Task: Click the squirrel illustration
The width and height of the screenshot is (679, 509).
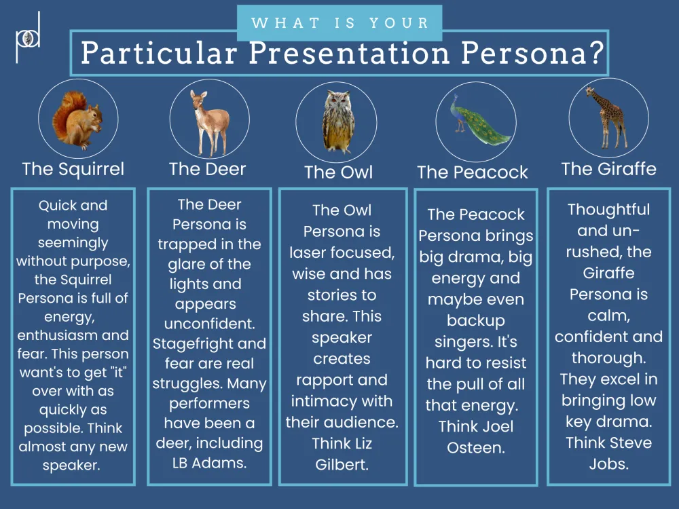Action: [x=77, y=120]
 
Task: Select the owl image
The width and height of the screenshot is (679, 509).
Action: [x=337, y=121]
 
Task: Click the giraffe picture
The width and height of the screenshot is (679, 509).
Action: [x=608, y=117]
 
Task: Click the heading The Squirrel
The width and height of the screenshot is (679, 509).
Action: [x=73, y=169]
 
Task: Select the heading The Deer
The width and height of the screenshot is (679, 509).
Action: [x=207, y=169]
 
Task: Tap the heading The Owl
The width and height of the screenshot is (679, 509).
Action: [x=338, y=172]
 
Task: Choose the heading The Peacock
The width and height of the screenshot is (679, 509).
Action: [x=473, y=172]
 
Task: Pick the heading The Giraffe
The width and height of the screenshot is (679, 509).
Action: [x=609, y=169]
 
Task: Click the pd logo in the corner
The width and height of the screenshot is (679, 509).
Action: [x=28, y=37]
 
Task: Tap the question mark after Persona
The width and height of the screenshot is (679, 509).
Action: [x=596, y=53]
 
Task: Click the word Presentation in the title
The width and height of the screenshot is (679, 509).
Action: [x=349, y=53]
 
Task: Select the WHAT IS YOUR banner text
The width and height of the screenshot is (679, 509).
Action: [x=340, y=22]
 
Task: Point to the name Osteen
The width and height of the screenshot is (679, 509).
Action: [x=476, y=447]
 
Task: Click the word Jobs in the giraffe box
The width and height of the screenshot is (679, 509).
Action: [x=608, y=464]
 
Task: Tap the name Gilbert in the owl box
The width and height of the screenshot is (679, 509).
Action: [x=342, y=464]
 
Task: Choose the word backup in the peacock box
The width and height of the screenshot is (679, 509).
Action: [x=475, y=321]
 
